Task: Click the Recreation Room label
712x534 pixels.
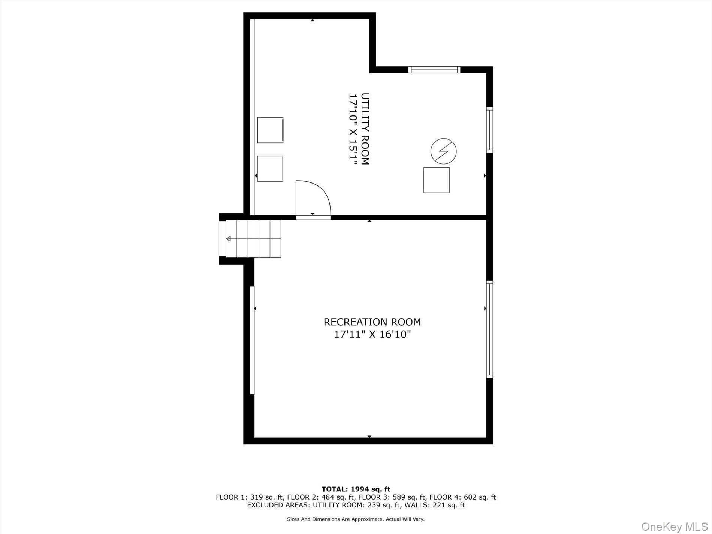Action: click(372, 322)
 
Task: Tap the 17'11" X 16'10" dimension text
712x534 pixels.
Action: click(372, 334)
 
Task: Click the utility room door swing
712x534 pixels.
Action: click(313, 199)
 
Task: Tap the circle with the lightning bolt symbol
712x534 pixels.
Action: click(443, 151)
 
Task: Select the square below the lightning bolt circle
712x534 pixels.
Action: click(436, 180)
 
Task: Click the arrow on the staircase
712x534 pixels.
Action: click(228, 239)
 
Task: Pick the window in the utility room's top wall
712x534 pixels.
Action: click(434, 70)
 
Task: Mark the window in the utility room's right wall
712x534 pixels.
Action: click(489, 130)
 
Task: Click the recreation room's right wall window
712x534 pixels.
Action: click(489, 329)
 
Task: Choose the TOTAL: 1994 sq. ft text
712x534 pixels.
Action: click(356, 489)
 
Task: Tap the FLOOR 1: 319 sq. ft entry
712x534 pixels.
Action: click(250, 497)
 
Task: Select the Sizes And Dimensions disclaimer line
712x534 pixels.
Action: click(356, 519)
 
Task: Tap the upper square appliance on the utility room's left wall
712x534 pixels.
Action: click(270, 130)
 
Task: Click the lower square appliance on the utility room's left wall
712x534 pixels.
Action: click(270, 169)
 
